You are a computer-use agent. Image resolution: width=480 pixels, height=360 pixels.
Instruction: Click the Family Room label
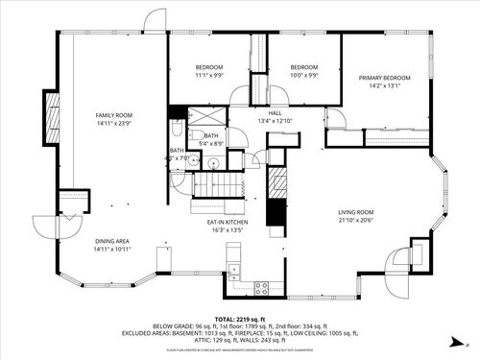click(113, 114)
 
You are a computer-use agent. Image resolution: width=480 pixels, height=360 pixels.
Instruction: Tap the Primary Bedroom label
click(384, 78)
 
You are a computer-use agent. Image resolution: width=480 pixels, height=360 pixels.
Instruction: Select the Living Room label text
click(355, 212)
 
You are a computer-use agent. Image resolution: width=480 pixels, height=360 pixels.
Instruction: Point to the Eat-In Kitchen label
click(228, 222)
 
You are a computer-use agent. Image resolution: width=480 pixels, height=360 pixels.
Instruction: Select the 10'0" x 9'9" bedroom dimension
click(303, 75)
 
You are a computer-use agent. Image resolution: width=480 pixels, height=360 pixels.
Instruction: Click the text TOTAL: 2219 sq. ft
click(239, 319)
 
